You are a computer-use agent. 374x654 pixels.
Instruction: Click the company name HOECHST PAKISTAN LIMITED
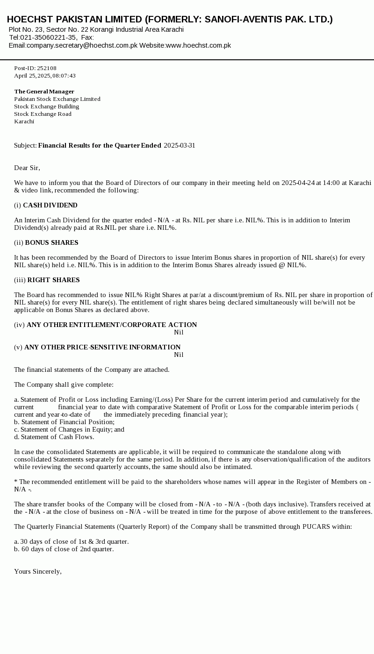click(x=75, y=19)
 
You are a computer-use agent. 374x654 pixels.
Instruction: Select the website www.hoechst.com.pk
click(x=198, y=45)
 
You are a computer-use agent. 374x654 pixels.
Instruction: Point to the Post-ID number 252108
click(x=47, y=68)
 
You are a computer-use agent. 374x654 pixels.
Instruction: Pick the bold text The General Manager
click(x=44, y=92)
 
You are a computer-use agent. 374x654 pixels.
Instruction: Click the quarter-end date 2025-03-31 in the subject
click(x=180, y=145)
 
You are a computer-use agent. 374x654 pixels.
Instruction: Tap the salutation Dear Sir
click(x=27, y=168)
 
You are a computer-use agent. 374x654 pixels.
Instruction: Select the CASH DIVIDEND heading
click(x=50, y=205)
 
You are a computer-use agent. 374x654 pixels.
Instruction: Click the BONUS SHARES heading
click(x=51, y=242)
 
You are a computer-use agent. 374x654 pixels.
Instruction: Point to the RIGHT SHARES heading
click(x=53, y=280)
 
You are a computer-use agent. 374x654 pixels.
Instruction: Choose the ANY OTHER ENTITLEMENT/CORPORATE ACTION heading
click(x=112, y=325)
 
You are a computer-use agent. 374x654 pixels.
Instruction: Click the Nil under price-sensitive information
click(x=179, y=355)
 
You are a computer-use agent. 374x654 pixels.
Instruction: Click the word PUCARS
click(x=316, y=526)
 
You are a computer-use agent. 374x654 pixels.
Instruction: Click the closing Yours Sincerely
click(x=38, y=571)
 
